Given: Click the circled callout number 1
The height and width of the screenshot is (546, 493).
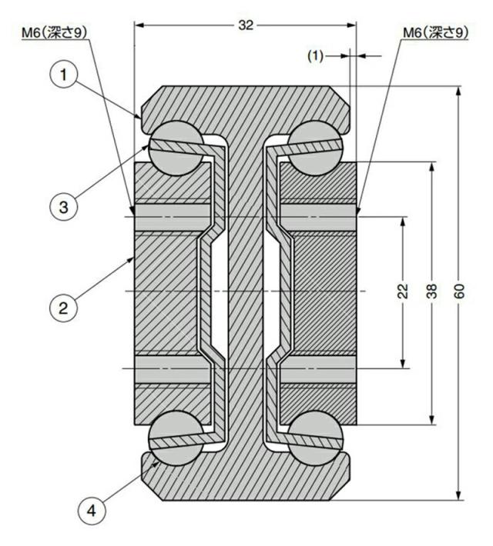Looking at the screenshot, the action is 63,75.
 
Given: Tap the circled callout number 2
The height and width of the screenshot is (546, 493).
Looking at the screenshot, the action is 63,308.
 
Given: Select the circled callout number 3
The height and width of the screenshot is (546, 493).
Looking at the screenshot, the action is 63,207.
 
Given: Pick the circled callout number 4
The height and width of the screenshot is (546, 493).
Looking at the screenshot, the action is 92,511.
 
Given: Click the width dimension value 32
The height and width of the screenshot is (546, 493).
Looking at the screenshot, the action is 246,25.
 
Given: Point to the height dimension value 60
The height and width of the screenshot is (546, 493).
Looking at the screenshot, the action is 460,291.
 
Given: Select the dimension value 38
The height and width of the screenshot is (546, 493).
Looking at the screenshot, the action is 432,291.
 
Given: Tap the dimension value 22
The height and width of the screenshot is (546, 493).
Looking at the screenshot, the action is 403,291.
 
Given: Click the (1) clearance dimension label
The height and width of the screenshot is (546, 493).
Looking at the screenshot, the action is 315,55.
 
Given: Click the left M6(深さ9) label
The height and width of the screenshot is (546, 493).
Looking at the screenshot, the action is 54,33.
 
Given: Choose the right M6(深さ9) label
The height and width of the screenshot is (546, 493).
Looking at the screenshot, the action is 436,33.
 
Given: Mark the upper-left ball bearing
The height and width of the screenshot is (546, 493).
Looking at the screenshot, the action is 176,148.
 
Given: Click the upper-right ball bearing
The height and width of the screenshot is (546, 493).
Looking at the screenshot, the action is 315,148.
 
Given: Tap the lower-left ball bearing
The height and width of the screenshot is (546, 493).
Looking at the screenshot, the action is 176,438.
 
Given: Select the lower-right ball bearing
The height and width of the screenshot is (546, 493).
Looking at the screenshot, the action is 315,438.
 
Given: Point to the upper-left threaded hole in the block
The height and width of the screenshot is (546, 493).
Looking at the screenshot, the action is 173,218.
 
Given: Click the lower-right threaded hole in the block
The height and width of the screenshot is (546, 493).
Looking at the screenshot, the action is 318,369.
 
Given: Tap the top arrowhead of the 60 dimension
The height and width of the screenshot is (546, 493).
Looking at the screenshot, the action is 459,91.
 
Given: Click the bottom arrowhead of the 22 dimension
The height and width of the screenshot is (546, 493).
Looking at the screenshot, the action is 403,364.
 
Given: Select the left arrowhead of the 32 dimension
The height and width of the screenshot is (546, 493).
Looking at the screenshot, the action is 139,25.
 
